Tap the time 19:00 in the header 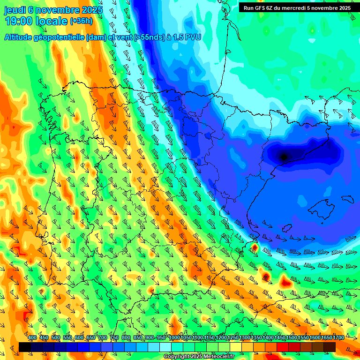[19, 22]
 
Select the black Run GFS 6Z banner [297, 8]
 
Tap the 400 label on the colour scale [32, 338]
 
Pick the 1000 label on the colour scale [174, 338]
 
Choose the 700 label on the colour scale [103, 338]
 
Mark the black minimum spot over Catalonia [284, 157]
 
